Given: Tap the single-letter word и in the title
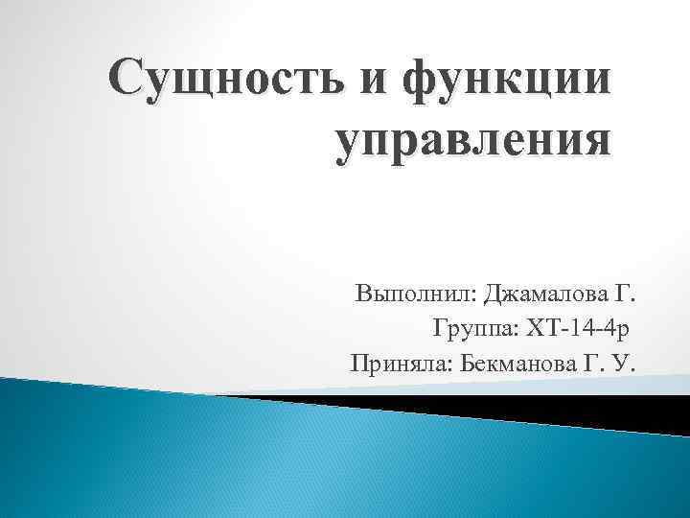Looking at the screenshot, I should pyautogui.click(x=377, y=81).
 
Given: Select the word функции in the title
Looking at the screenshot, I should pyautogui.click(x=506, y=81).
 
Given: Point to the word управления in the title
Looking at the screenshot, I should pyautogui.click(x=473, y=142).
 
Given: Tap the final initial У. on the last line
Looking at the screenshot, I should pyautogui.click(x=629, y=364).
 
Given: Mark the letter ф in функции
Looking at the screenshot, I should pyautogui.click(x=420, y=82).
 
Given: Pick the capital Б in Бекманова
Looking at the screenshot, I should pyautogui.click(x=467, y=364).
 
